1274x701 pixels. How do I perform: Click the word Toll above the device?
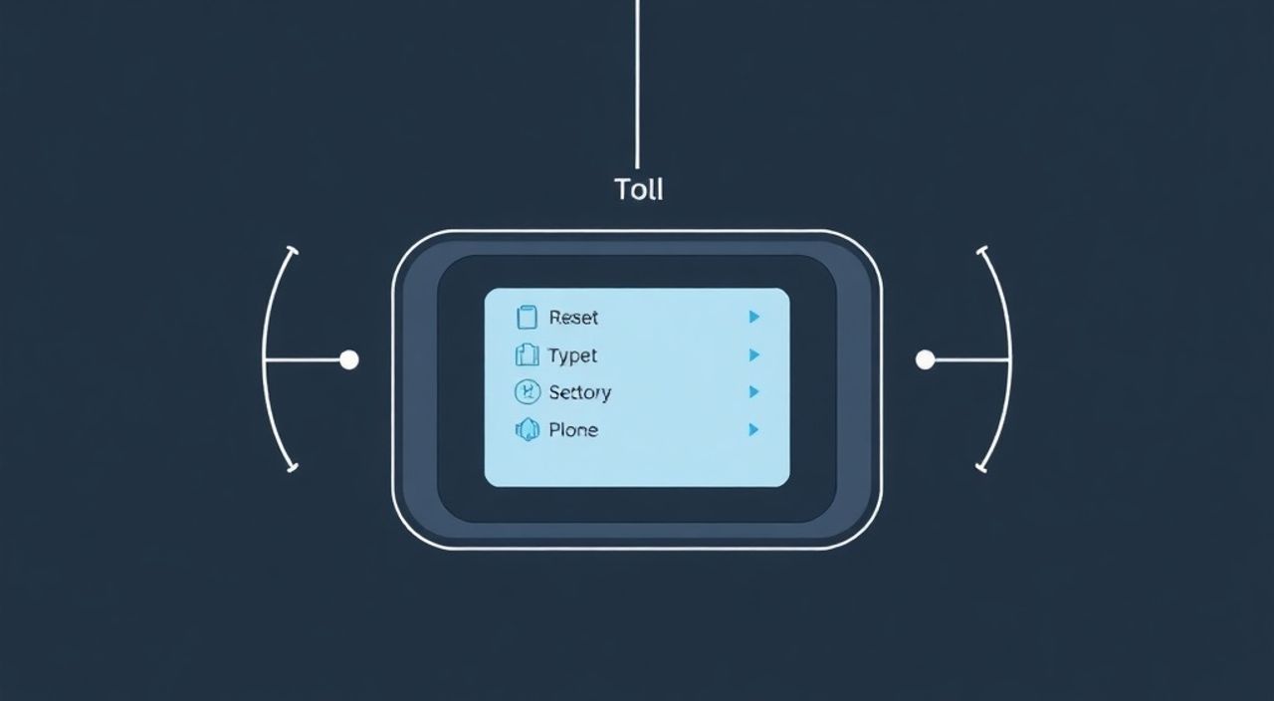tap(639, 189)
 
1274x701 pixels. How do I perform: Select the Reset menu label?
tap(573, 318)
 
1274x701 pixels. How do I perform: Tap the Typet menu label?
tap(572, 356)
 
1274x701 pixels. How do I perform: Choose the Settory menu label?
tap(580, 392)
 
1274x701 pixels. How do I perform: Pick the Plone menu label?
tap(573, 429)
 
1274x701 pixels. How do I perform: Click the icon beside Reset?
tap(527, 318)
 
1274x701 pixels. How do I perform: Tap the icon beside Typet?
tap(527, 355)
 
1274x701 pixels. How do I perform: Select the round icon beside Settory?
tap(528, 392)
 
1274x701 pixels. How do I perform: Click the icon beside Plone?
tap(528, 429)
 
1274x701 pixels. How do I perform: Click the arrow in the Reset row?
tap(754, 317)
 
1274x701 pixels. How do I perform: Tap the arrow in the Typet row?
tap(754, 355)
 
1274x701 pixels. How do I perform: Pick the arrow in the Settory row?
tap(754, 392)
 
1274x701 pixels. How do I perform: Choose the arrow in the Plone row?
tap(754, 429)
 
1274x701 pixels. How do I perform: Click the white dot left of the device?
tap(349, 359)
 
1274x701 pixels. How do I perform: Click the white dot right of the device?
tap(926, 359)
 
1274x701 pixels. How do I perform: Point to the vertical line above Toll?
tap(637, 85)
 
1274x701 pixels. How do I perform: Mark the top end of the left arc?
tap(293, 250)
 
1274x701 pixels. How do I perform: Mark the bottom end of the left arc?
tap(293, 468)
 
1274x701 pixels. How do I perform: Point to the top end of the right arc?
tap(982, 250)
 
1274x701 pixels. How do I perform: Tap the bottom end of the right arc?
tap(981, 468)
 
